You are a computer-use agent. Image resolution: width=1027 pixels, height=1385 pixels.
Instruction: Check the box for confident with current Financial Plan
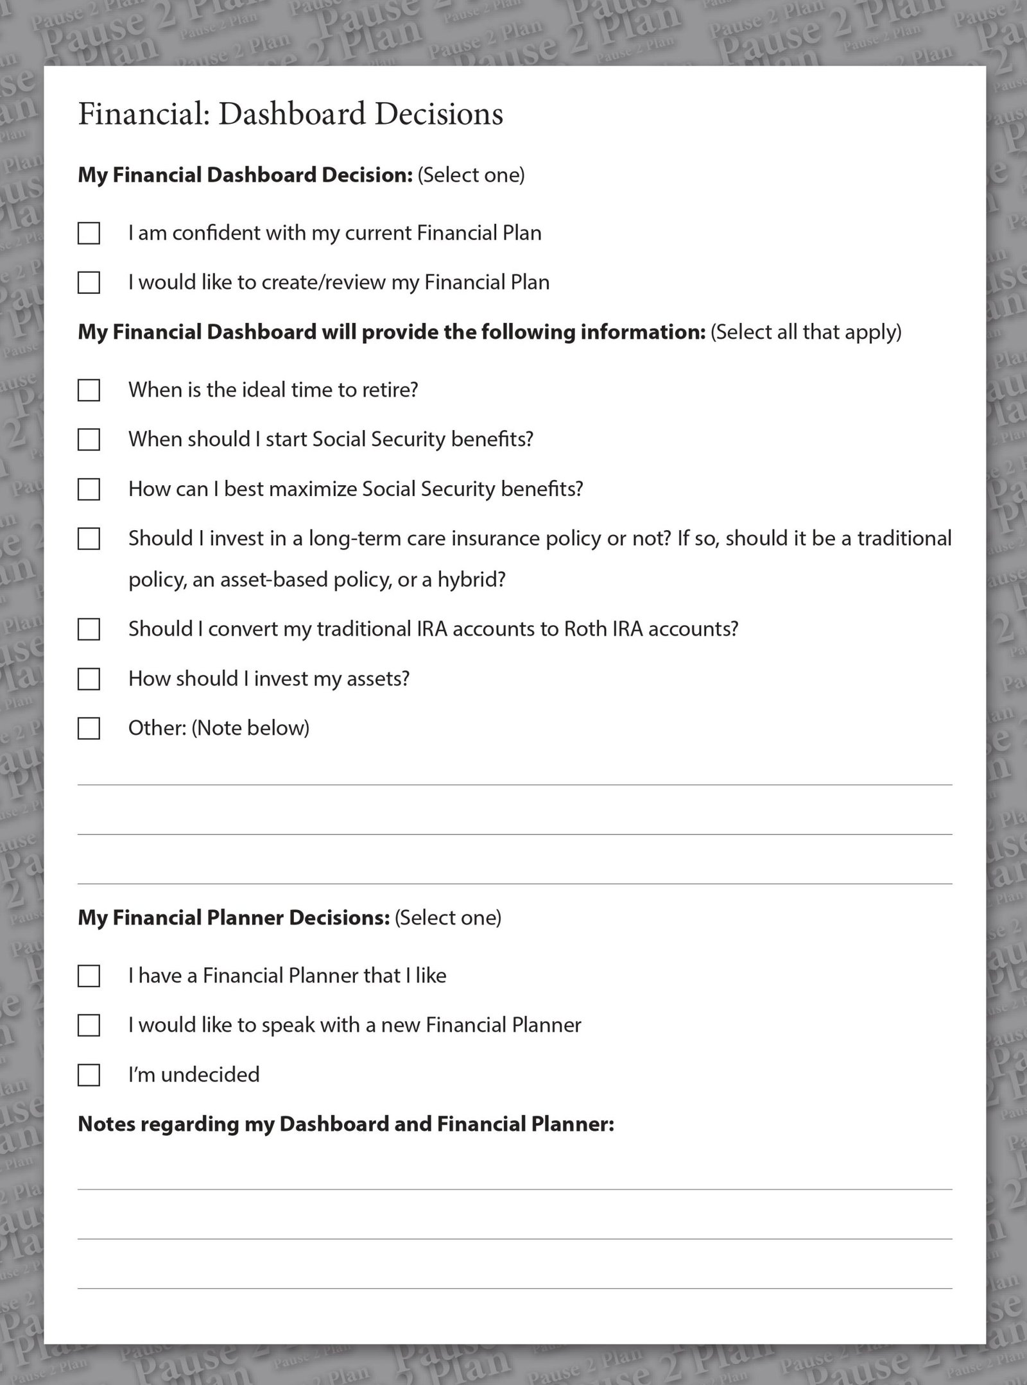tap(89, 233)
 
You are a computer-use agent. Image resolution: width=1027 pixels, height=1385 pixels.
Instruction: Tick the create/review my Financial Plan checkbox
tap(89, 282)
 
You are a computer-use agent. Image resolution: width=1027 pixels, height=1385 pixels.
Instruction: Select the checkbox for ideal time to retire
tap(89, 390)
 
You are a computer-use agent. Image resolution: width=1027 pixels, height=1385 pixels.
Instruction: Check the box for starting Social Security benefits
tap(89, 440)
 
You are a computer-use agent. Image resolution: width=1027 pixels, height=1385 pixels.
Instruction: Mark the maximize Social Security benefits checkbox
tap(89, 490)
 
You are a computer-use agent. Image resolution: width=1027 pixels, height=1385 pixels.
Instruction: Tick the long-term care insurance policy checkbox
tap(89, 539)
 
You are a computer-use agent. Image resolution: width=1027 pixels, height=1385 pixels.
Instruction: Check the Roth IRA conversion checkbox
tap(89, 630)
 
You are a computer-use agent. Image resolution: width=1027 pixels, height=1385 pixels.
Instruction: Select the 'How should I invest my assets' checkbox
tap(89, 679)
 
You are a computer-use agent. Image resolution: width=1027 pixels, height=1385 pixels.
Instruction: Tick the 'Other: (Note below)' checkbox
tap(89, 728)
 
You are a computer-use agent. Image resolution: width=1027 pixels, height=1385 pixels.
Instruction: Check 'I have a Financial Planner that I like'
tap(89, 976)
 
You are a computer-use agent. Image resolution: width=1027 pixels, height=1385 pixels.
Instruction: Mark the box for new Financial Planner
tap(89, 1026)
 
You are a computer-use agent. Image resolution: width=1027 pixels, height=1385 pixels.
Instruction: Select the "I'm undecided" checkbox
tap(89, 1075)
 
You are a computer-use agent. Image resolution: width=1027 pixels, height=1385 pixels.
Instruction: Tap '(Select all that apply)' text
tap(806, 332)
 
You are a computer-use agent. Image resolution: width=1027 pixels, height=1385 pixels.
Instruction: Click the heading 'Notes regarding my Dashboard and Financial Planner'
tap(345, 1124)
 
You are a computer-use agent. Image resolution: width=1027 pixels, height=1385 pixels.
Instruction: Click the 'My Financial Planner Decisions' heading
tap(234, 918)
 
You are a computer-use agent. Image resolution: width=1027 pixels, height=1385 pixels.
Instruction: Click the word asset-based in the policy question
tap(272, 580)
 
